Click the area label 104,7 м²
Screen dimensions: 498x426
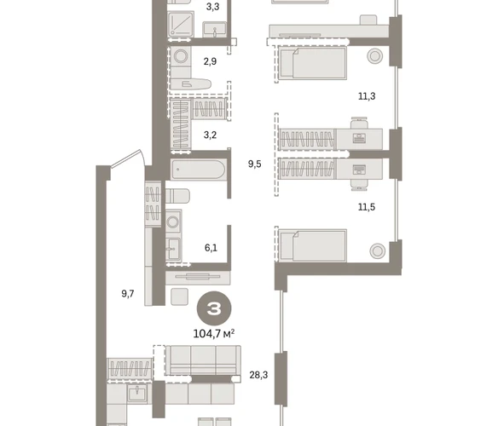214,334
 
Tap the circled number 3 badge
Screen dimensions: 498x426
214,308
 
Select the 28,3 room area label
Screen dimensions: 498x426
258,375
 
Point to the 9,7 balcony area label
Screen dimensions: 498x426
128,294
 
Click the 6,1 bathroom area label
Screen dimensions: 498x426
211,248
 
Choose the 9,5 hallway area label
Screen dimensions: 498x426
255,164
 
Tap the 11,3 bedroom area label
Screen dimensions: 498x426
367,96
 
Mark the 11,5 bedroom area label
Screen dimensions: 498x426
367,207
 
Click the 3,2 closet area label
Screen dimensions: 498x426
210,135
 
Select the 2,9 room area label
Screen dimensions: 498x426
210,61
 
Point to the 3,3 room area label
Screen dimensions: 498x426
212,7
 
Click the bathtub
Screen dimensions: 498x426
198,170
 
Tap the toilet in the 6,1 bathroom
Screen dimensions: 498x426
177,196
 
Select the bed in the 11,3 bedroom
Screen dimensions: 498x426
312,62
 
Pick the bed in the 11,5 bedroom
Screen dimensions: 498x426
312,245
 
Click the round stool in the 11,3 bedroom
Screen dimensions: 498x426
374,56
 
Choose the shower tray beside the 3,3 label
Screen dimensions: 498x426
181,24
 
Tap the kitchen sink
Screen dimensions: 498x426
137,394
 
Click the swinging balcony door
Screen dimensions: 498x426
128,158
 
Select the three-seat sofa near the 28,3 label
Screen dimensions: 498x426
203,360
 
